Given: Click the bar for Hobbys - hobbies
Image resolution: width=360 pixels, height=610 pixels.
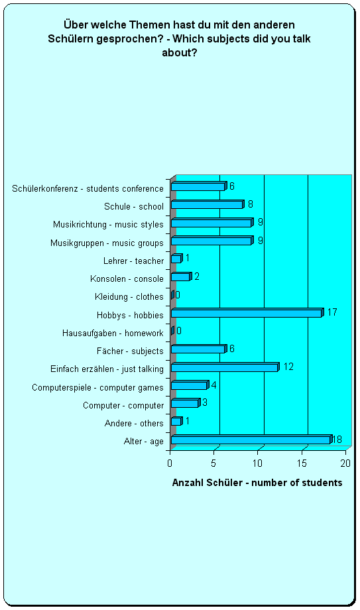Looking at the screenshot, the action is [247, 313].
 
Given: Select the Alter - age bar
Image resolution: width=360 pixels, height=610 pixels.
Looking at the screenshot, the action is [252, 439].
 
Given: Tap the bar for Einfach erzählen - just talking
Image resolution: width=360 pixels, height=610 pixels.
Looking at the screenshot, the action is [225, 367].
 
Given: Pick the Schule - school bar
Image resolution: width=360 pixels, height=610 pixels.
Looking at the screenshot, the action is [208, 204].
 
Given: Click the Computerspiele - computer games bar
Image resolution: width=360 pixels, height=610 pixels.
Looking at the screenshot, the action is [190, 385].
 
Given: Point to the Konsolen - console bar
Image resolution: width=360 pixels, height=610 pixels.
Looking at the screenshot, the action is [182, 276].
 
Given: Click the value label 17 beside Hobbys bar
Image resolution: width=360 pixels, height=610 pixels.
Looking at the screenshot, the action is [332, 312].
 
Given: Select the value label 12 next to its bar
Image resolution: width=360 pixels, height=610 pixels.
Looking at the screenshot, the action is [288, 367].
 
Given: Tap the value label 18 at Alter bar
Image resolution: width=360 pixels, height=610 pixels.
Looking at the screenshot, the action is [337, 440].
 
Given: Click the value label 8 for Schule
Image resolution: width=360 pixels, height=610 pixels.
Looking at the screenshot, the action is [250, 204].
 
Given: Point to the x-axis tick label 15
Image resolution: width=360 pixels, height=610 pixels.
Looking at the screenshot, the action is [302, 463].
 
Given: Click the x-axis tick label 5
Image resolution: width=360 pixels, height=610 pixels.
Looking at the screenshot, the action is [213, 463].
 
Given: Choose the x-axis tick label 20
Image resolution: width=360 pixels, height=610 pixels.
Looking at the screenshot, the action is [345, 463].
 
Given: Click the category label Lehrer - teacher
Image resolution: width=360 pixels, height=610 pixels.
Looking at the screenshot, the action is [133, 261].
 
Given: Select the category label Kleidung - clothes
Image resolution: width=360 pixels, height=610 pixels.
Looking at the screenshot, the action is [129, 297].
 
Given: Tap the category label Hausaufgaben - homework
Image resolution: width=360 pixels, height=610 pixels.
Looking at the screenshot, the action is [113, 333].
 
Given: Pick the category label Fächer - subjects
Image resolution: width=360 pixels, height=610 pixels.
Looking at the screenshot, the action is [130, 351].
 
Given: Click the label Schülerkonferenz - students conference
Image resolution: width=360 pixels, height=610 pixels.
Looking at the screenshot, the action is [88, 188].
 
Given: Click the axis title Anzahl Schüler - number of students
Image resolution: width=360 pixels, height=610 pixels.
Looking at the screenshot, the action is [257, 483].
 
